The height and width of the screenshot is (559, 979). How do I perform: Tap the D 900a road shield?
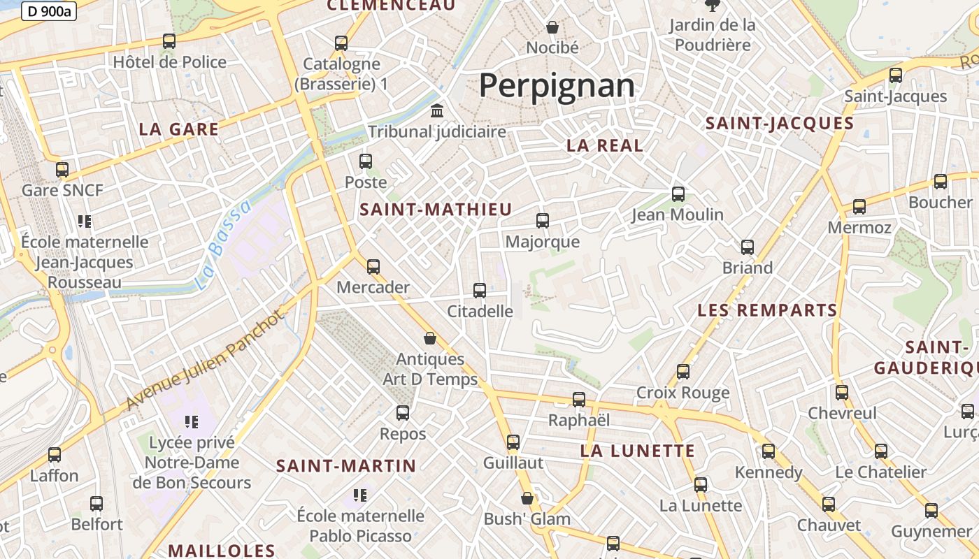coord(49,10)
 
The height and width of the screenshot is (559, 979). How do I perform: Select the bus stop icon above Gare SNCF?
coord(62,170)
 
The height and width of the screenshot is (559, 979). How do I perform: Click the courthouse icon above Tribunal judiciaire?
coord(438,111)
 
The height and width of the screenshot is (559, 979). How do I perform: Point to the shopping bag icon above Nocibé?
coord(552,27)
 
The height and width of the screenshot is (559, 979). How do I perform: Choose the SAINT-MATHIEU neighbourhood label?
coord(436,209)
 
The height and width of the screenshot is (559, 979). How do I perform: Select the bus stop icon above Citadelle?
coord(480,291)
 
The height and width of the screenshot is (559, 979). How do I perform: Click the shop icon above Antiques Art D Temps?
coord(430,339)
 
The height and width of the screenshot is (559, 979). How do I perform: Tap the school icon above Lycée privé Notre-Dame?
coord(192,421)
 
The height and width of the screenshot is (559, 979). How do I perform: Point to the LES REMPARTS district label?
coord(767,310)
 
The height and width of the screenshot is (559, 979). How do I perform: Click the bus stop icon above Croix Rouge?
coord(683,372)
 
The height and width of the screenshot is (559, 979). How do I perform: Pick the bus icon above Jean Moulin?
coord(678,194)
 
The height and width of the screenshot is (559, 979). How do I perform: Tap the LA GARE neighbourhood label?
coord(178,129)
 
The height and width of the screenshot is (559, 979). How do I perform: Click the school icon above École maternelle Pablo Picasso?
coord(360,495)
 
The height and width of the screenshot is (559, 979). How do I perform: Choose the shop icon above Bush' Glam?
coord(527,499)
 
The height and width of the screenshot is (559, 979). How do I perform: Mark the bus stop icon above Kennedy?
coord(769,451)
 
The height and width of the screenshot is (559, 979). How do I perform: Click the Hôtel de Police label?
coord(170,62)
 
